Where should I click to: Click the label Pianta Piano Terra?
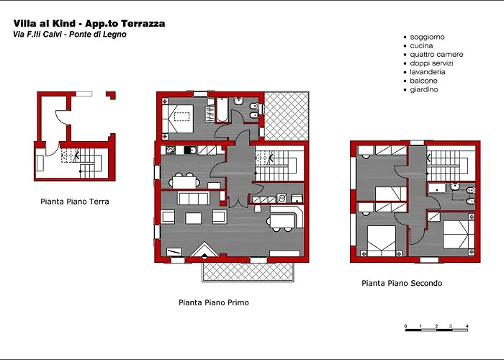pos(75,202)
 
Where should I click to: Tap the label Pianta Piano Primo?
pos(214,302)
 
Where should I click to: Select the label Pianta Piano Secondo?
pos(402,283)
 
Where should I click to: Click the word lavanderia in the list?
pos(428,72)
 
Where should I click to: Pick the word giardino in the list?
pos(424,90)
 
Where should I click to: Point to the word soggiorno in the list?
pos(427,37)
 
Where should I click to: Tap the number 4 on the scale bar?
pos(467,326)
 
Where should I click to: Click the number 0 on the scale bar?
pos(405,326)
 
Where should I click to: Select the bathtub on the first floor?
pos(222,110)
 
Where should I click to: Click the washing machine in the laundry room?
pos(282,198)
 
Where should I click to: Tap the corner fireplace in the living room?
pos(204,250)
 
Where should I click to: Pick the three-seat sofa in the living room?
pos(194,198)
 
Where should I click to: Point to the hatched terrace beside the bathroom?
pos(287,117)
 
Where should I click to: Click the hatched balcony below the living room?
pos(248,272)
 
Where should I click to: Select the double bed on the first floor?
pos(178,119)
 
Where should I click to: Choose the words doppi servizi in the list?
pos(431,63)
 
